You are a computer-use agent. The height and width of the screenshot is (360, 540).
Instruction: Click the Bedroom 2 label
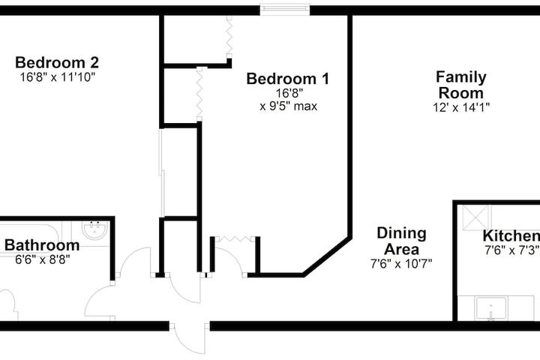[57, 62]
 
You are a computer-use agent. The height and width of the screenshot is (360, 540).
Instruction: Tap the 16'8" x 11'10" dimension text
[57, 76]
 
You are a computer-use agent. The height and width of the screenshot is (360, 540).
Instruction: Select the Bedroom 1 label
[287, 79]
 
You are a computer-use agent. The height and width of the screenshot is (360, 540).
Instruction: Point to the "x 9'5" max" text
[288, 106]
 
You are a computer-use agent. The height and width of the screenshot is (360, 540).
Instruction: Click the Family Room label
[461, 85]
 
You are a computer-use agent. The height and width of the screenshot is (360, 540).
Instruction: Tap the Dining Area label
[401, 241]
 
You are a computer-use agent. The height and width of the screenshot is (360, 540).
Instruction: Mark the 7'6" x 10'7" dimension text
[401, 263]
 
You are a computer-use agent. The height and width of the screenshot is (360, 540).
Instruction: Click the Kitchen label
[510, 235]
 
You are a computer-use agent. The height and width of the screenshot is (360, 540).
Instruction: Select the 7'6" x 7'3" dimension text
[511, 250]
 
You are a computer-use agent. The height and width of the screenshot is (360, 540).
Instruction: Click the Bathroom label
[42, 245]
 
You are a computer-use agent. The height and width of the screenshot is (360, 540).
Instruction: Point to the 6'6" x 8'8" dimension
[42, 260]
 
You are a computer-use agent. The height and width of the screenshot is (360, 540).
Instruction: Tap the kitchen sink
[492, 307]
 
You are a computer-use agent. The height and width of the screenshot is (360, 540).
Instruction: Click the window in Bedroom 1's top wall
[285, 10]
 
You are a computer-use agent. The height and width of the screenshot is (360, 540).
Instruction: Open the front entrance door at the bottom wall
[189, 335]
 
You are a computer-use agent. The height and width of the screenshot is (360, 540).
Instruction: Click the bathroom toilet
[6, 304]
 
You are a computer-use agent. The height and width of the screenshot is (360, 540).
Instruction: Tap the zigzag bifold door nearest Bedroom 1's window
[229, 34]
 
